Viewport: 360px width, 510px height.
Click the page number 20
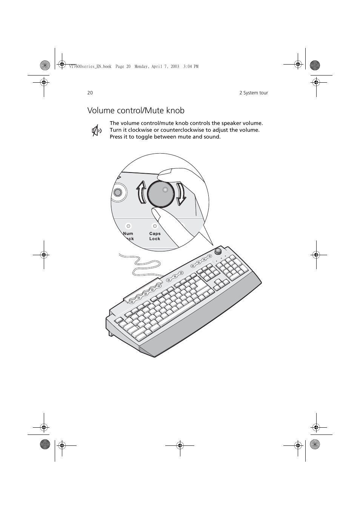[x=90, y=93]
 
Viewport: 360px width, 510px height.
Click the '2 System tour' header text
[x=253, y=93]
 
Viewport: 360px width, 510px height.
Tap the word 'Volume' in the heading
[x=102, y=111]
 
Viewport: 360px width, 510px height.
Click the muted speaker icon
[x=97, y=131]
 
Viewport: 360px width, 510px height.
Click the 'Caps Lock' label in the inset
[x=155, y=236]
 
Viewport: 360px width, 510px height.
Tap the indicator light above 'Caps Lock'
[x=155, y=226]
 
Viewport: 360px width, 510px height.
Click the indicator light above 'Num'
[x=128, y=226]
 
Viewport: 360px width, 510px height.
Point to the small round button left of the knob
[x=118, y=193]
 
